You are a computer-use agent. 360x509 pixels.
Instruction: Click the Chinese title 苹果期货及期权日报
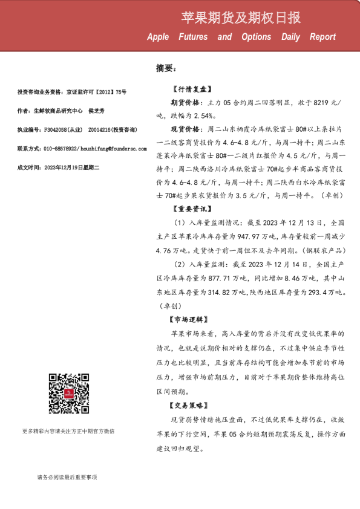[241, 18]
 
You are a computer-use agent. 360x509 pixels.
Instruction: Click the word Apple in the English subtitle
[158, 37]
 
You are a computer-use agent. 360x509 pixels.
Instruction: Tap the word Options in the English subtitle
[256, 37]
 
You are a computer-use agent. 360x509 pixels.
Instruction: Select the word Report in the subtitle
[322, 37]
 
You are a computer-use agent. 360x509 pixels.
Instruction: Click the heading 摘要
[165, 68]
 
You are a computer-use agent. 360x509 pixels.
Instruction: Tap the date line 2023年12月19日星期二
[64, 166]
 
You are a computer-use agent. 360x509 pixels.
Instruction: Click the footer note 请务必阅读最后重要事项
[67, 478]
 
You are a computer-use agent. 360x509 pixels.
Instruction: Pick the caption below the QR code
[68, 432]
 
